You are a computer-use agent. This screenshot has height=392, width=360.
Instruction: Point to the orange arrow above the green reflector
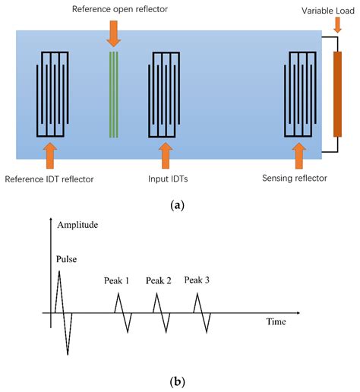pos(114,32)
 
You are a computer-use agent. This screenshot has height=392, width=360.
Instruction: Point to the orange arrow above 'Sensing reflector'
pos(297,156)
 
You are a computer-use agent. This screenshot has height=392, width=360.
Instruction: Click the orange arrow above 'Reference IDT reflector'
pos(50,156)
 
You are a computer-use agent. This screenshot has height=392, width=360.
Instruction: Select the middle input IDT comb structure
pos(165,96)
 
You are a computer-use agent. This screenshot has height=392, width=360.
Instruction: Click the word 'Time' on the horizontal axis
pos(275,322)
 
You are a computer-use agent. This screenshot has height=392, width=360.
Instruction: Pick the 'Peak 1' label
pos(117,281)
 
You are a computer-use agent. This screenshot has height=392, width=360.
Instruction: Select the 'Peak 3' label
pos(197,281)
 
